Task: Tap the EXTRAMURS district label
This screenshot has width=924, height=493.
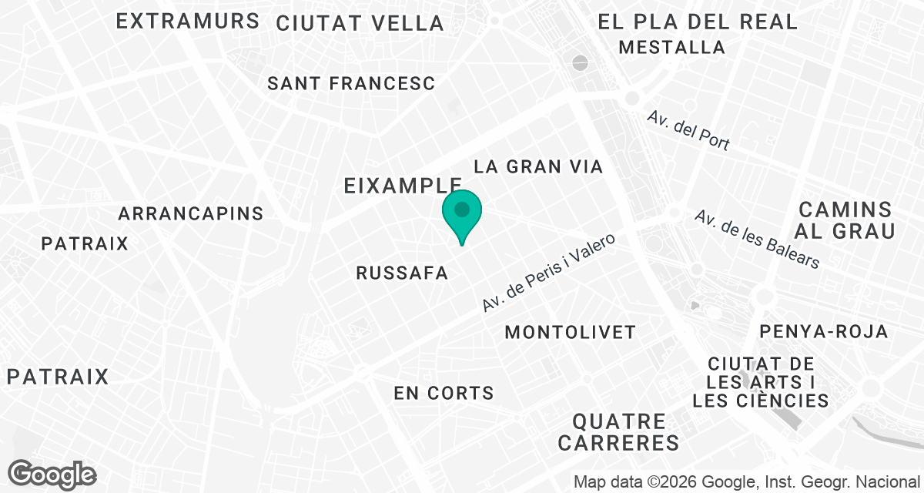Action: pyautogui.click(x=187, y=21)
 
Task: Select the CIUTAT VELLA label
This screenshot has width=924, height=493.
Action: pyautogui.click(x=360, y=23)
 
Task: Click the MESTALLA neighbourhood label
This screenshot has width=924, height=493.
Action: pyautogui.click(x=671, y=47)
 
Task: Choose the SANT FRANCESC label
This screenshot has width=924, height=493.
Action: pyautogui.click(x=351, y=83)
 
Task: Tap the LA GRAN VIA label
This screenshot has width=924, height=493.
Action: pyautogui.click(x=537, y=166)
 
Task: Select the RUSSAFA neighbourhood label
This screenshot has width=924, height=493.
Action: pyautogui.click(x=402, y=273)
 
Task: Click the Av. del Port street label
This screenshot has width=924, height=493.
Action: pyautogui.click(x=688, y=130)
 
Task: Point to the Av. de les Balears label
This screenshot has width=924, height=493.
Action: pyautogui.click(x=756, y=239)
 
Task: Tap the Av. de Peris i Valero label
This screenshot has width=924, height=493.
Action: pyautogui.click(x=549, y=273)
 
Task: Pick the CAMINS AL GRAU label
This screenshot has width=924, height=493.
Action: pyautogui.click(x=845, y=220)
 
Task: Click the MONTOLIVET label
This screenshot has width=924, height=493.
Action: pyautogui.click(x=570, y=332)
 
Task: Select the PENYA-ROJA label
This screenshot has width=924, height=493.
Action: pyautogui.click(x=824, y=331)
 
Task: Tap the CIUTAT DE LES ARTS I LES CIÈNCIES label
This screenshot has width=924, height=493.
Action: pyautogui.click(x=761, y=382)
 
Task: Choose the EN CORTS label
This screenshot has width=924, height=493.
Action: pyautogui.click(x=444, y=393)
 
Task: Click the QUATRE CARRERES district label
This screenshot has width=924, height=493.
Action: pyautogui.click(x=619, y=432)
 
